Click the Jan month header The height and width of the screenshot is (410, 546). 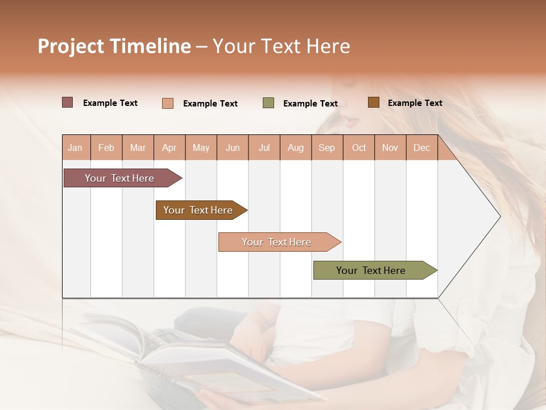click(75, 147)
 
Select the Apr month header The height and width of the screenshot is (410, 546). click(169, 147)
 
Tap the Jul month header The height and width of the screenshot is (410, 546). click(264, 147)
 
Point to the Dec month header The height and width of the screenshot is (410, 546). click(421, 147)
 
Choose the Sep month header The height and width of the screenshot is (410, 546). click(326, 147)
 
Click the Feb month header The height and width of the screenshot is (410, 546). click(106, 147)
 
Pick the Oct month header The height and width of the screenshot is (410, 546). click(359, 147)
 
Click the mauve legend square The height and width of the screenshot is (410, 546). click(68, 102)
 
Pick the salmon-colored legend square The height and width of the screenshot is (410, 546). click(168, 103)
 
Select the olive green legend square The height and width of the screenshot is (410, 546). click(268, 103)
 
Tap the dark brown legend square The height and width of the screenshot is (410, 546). click(373, 102)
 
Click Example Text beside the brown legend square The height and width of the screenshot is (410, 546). click(415, 103)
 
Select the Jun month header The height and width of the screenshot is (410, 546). click(233, 147)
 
